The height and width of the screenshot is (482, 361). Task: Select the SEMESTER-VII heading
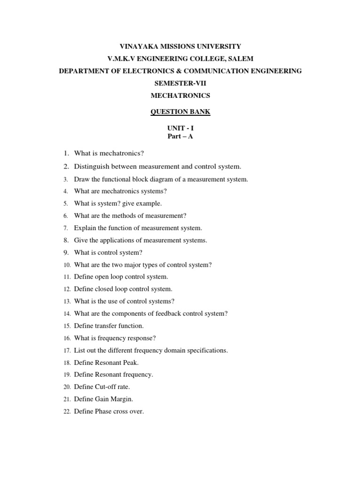click(x=180, y=83)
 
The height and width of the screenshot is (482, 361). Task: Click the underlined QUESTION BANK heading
click(x=180, y=112)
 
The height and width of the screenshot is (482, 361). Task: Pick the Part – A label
click(x=180, y=137)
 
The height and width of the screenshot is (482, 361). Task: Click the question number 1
click(x=66, y=154)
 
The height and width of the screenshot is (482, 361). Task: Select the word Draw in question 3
click(x=81, y=179)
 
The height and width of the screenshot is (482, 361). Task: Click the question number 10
click(x=66, y=265)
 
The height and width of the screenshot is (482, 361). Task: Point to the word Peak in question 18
click(x=131, y=363)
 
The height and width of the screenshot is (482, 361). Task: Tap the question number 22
click(x=66, y=412)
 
